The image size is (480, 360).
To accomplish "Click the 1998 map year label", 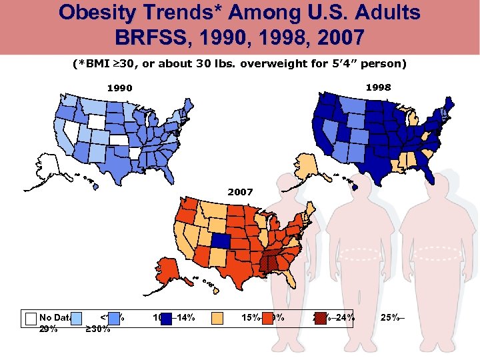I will pos(378,87).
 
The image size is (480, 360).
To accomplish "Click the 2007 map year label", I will pos(241,191).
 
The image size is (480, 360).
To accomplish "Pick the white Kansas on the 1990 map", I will pos(122,141).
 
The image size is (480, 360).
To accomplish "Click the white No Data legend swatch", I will pos(30,318).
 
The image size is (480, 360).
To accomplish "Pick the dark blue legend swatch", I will pos(166,318).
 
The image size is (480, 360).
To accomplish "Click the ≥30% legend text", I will pos(98,328).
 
